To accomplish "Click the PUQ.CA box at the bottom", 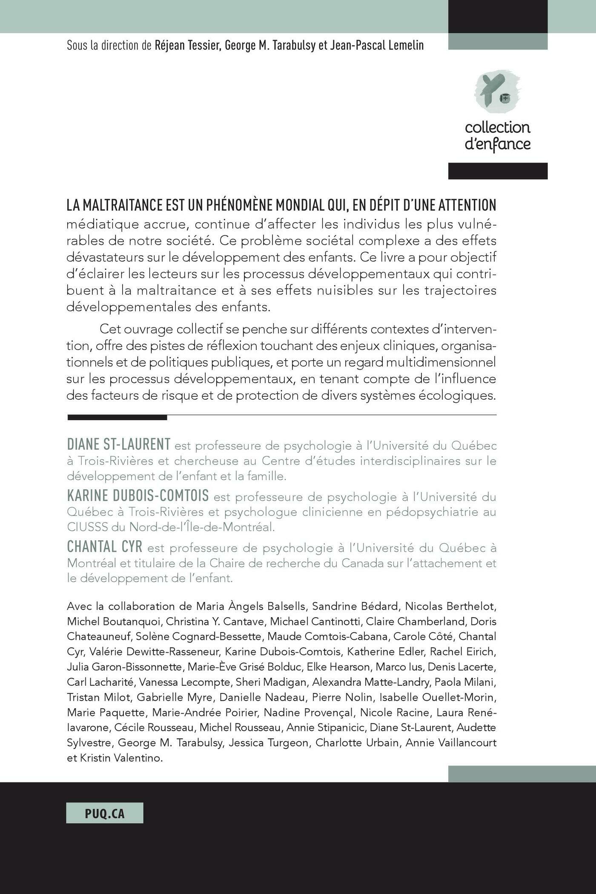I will coord(105,813).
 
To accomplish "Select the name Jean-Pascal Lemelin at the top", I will coord(377,46).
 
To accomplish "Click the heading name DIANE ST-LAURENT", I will coord(119,444).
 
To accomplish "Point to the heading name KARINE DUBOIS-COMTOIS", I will coord(138,496).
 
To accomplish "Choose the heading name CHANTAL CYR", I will coord(105,546).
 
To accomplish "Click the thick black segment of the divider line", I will coord(117,418).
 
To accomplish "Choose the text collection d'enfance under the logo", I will coord(497,136).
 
